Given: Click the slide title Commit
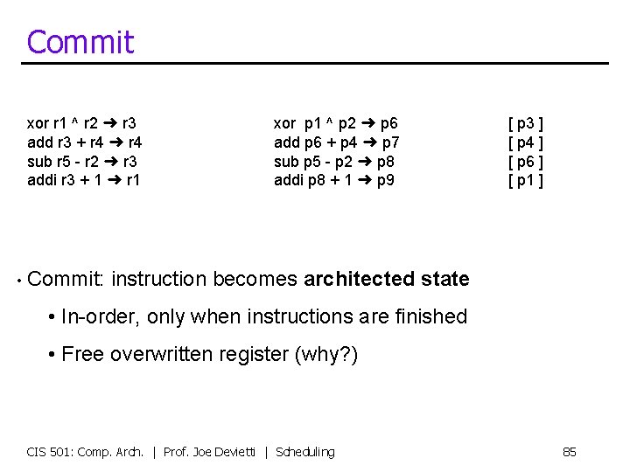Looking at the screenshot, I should click(x=80, y=42).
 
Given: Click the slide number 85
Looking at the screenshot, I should click(x=569, y=452).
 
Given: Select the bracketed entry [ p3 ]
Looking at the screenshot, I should click(x=526, y=123).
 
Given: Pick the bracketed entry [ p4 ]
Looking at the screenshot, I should click(x=526, y=142).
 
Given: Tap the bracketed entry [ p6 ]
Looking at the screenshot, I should click(x=526, y=162).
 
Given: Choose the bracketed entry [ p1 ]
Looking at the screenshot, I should click(x=526, y=181).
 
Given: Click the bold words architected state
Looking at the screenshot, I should click(x=386, y=280).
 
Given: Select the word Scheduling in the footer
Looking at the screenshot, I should click(x=304, y=452).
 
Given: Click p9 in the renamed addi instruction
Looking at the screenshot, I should click(x=385, y=181).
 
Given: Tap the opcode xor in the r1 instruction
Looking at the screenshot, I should click(x=38, y=123).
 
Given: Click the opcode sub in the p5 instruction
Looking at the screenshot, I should click(x=285, y=162).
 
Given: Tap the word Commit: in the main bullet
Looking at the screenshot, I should click(x=66, y=280).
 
